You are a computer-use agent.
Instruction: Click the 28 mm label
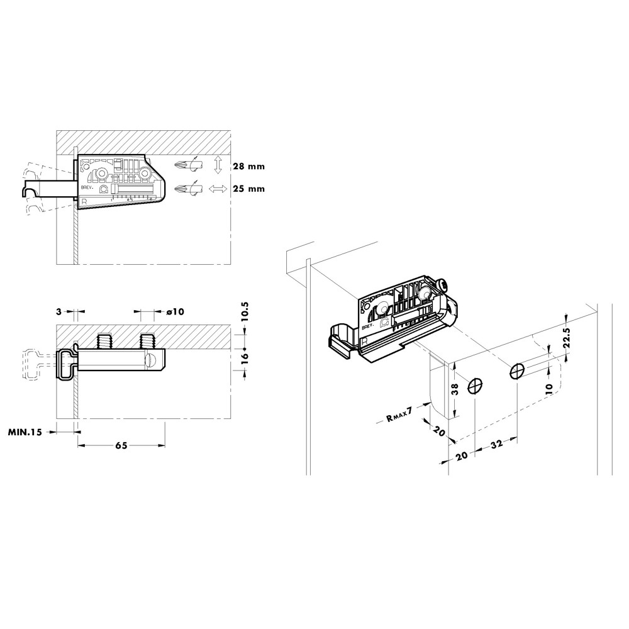248,167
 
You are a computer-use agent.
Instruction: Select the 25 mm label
248,189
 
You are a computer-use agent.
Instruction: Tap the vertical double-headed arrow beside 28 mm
218,165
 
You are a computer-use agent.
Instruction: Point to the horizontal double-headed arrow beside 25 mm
218,189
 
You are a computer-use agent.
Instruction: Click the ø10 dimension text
175,311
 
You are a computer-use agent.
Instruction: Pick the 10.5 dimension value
245,312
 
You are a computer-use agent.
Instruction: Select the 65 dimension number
121,445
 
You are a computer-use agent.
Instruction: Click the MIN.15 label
25,432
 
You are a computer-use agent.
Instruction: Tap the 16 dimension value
245,356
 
